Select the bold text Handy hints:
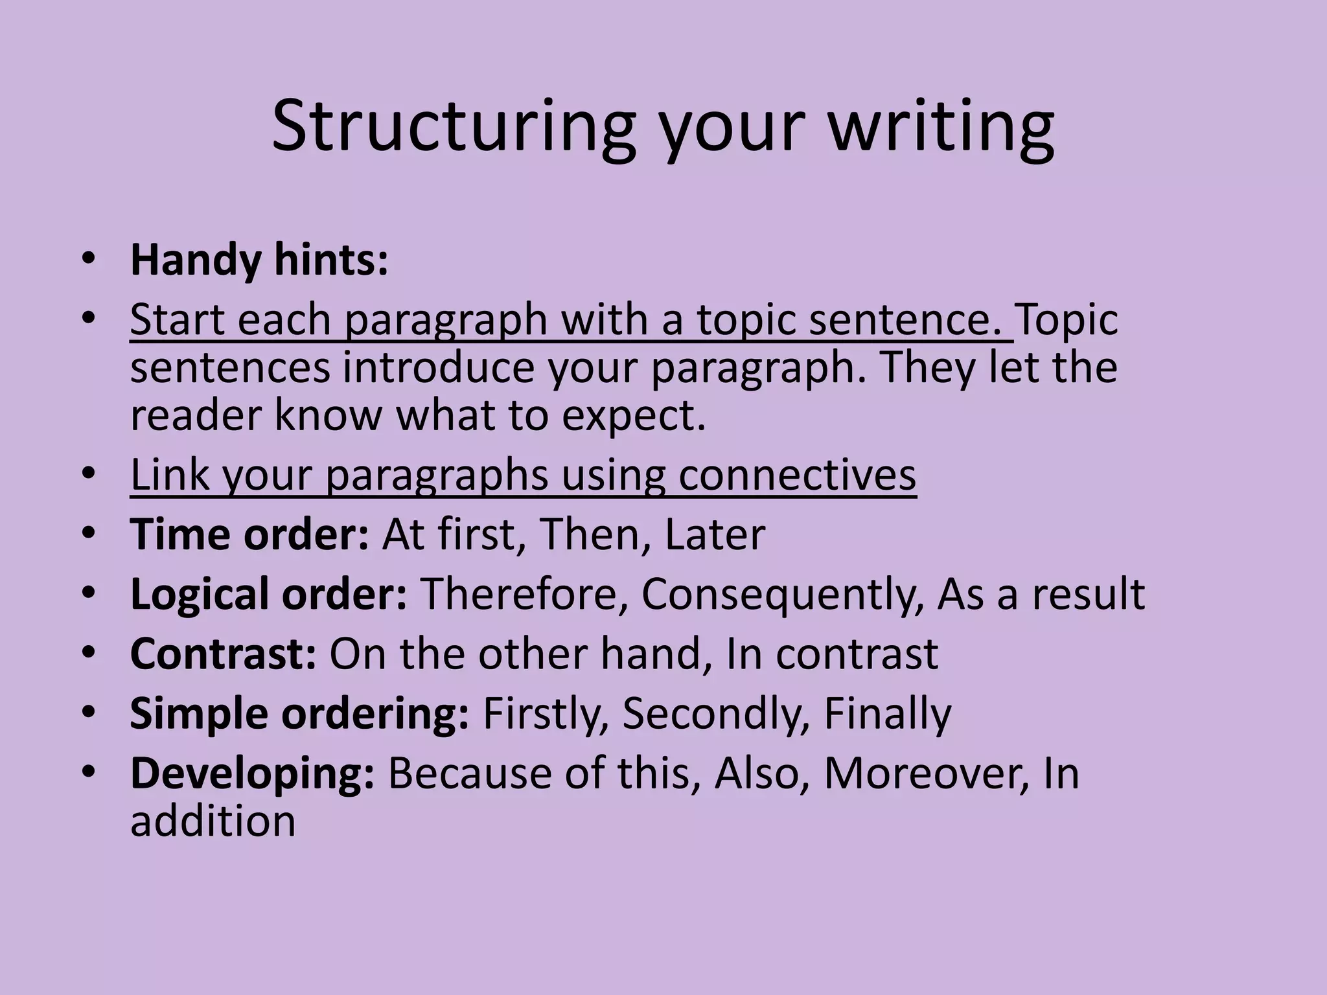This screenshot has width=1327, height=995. tap(259, 260)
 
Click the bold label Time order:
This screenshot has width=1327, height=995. tap(250, 534)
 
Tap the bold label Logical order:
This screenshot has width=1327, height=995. tap(269, 594)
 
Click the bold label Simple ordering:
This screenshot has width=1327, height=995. tap(299, 713)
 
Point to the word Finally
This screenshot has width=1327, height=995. tap(887, 713)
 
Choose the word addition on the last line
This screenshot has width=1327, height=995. tap(213, 821)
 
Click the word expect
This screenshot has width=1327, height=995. tap(633, 415)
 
